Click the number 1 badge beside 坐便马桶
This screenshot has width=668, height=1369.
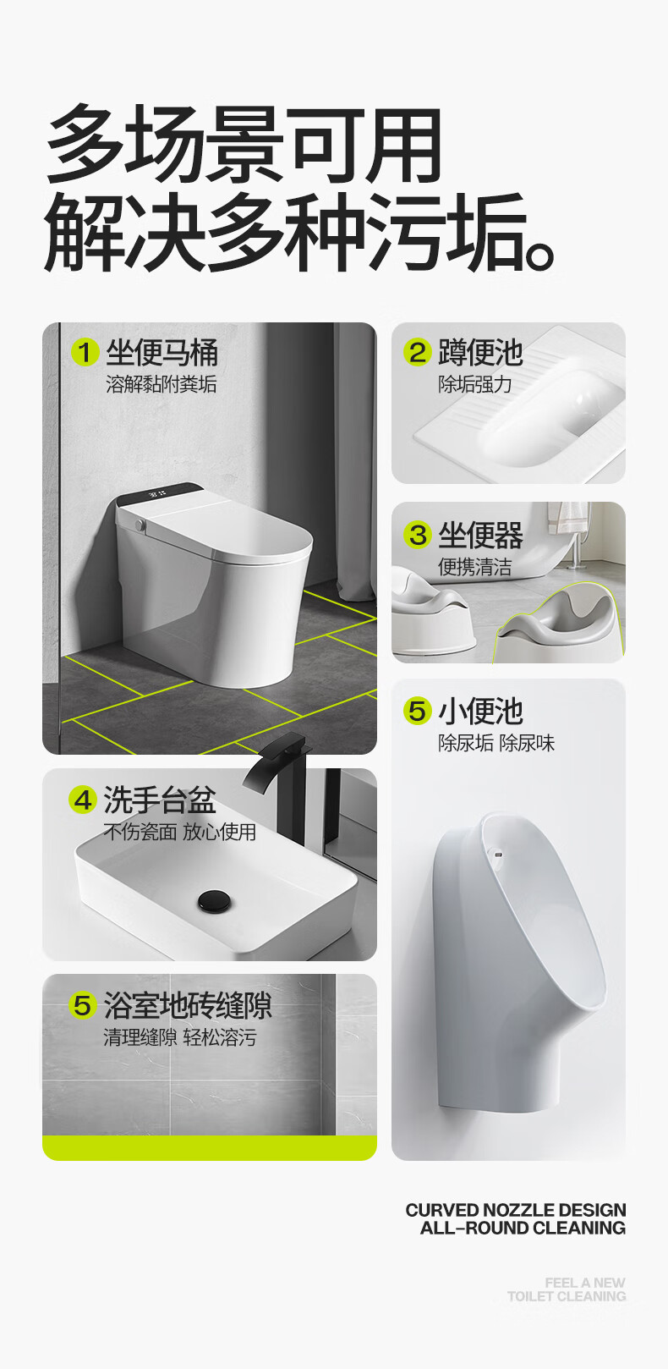click(85, 353)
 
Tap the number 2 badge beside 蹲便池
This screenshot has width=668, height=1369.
click(418, 353)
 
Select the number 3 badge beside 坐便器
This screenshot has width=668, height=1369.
click(418, 535)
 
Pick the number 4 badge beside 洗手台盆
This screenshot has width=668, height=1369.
click(83, 800)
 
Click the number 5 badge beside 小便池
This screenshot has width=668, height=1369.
click(418, 711)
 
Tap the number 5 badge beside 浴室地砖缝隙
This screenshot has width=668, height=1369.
click(83, 1005)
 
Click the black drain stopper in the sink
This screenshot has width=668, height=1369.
click(214, 899)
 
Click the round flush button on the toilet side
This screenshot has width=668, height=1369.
click(140, 525)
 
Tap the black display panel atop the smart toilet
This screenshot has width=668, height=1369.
click(160, 492)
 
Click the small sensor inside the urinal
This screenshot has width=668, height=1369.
click(498, 854)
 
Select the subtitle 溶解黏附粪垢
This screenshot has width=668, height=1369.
click(162, 384)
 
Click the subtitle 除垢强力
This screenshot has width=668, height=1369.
click(474, 384)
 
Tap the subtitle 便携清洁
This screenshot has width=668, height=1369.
click(474, 567)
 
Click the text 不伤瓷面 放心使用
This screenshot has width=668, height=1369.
click(180, 832)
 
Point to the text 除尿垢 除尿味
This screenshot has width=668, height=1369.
click(496, 743)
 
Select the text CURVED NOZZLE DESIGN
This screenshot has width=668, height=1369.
click(516, 1210)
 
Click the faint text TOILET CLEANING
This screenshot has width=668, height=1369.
click(567, 1296)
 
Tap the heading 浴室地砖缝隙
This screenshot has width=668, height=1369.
click(188, 1005)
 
